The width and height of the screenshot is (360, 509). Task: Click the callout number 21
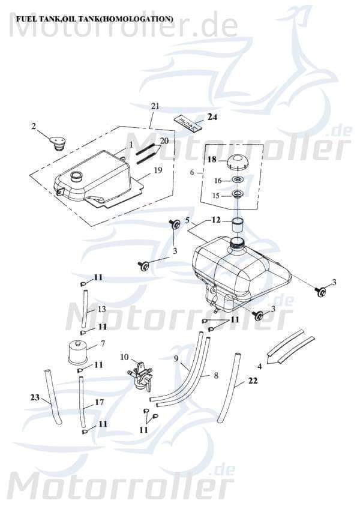click(x=155, y=106)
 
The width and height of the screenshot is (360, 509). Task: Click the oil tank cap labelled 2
click(x=58, y=143)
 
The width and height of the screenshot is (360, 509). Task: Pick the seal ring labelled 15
click(x=238, y=194)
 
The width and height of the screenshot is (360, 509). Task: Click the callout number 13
click(x=101, y=309)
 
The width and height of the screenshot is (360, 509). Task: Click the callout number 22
click(x=253, y=381)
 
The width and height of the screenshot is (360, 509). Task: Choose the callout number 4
click(x=259, y=366)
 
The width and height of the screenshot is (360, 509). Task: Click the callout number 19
click(x=158, y=170)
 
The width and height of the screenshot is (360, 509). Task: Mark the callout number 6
click(x=192, y=172)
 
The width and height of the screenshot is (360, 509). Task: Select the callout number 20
click(x=164, y=141)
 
